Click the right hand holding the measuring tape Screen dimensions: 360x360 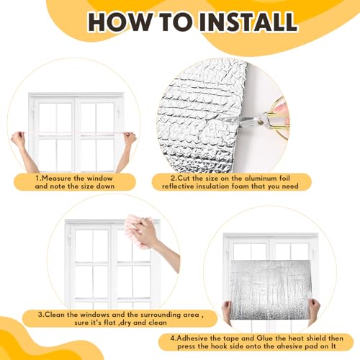(x=130, y=140)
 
